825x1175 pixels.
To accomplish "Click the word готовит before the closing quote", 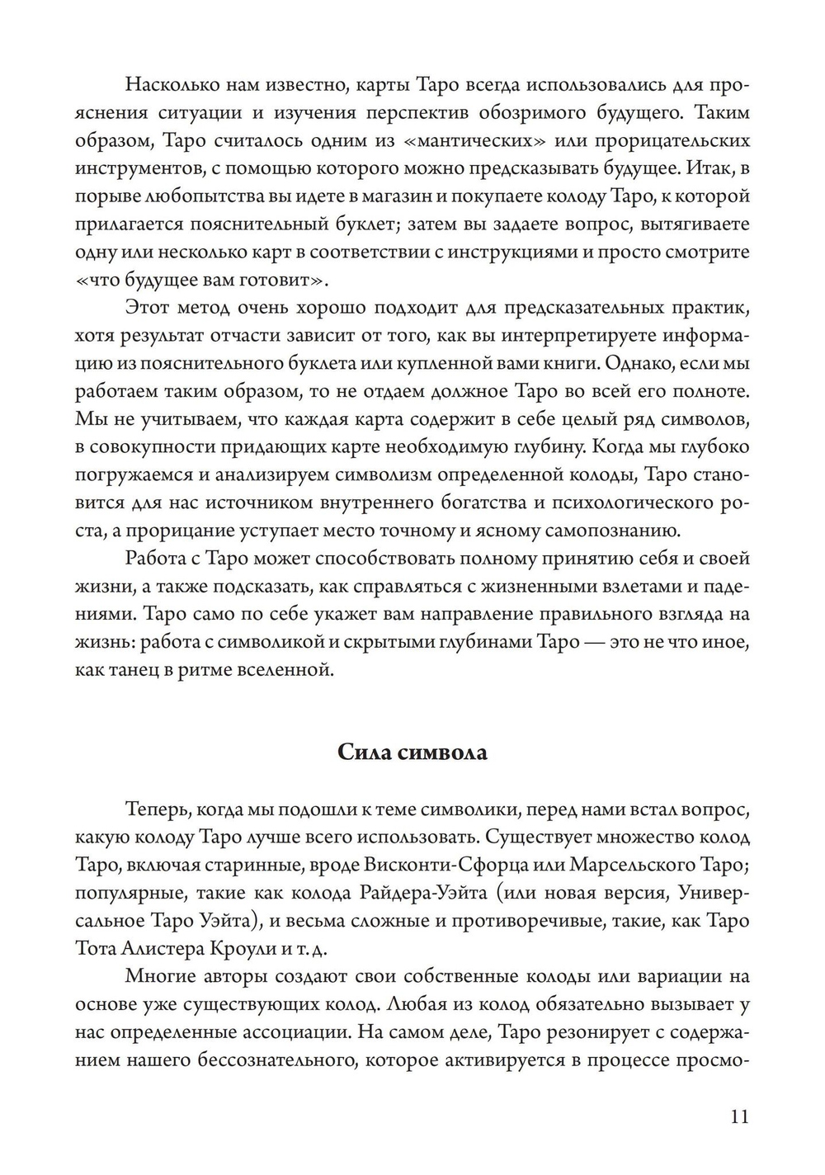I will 279,280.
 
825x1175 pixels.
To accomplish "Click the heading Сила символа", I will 412,753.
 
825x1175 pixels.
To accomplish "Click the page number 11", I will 739,1117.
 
